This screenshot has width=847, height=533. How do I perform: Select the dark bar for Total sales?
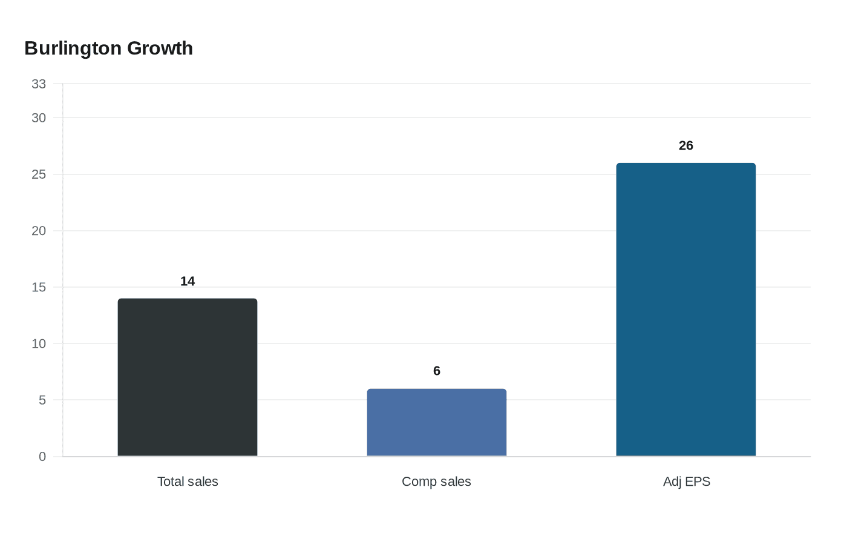pyautogui.click(x=188, y=377)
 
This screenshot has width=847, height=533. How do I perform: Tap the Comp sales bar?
pyautogui.click(x=437, y=423)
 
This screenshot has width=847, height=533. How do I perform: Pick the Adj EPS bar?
pyautogui.click(x=686, y=310)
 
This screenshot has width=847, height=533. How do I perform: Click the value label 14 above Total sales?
pyautogui.click(x=188, y=281)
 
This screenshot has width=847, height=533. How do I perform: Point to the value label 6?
pyautogui.click(x=437, y=371)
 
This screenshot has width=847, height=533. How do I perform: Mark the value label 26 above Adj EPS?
pyautogui.click(x=686, y=146)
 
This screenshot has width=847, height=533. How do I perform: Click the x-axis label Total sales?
pyautogui.click(x=188, y=482)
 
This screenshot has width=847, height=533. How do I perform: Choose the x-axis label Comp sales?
pyautogui.click(x=436, y=482)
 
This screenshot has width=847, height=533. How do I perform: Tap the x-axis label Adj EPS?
pyautogui.click(x=687, y=482)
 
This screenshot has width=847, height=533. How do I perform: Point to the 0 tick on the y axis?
pyautogui.click(x=42, y=457)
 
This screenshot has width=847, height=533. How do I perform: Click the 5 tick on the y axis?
pyautogui.click(x=42, y=400)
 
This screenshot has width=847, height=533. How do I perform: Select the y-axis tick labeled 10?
pyautogui.click(x=39, y=344)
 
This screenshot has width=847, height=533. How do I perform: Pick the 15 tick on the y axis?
pyautogui.click(x=39, y=287)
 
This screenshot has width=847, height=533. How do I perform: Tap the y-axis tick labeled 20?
pyautogui.click(x=39, y=231)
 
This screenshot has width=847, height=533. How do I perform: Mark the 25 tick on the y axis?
pyautogui.click(x=39, y=174)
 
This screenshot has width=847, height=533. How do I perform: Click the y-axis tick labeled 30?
pyautogui.click(x=39, y=118)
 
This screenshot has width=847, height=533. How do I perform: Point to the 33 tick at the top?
pyautogui.click(x=39, y=84)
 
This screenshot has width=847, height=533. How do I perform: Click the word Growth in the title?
pyautogui.click(x=160, y=48)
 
